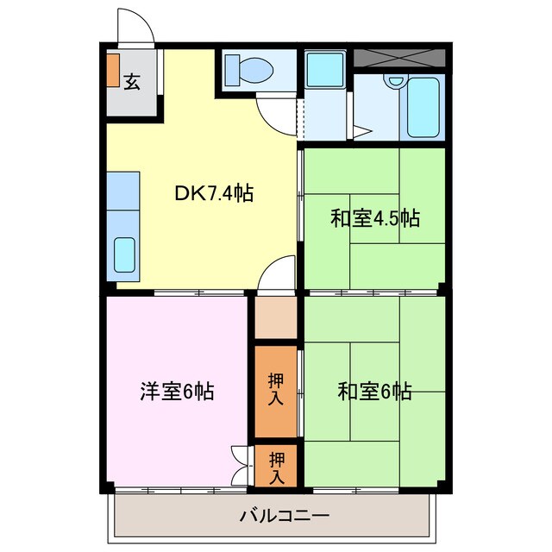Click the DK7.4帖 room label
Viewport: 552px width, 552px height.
coord(214,194)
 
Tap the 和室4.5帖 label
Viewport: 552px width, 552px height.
coord(374,218)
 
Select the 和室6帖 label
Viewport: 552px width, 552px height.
coord(374,392)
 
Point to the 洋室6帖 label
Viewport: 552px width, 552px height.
coord(177,392)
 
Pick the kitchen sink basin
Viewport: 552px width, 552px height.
coord(126,253)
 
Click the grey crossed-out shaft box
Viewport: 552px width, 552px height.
coord(399,59)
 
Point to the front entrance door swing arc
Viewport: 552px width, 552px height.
coord(136,26)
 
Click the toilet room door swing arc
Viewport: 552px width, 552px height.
coord(276,112)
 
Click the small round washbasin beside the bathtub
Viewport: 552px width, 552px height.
coord(395,81)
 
